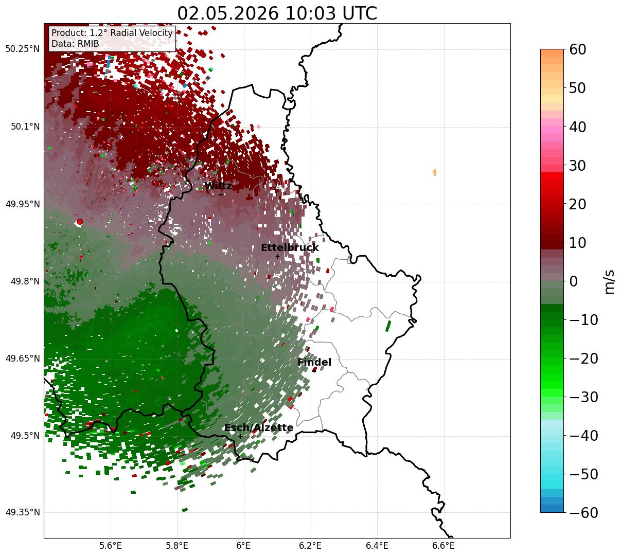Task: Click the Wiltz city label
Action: pos(218,186)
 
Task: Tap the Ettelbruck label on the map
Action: pos(290,247)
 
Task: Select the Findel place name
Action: pos(314,362)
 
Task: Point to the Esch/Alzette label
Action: pos(259,427)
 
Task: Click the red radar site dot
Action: pos(80,222)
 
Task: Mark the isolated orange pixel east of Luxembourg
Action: pos(435,173)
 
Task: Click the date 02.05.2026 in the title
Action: pos(228,13)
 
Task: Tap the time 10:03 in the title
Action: pos(310,13)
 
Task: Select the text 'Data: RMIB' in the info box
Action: pos(75,44)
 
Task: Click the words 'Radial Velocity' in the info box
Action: pos(141,33)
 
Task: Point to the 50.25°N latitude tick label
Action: pos(22,49)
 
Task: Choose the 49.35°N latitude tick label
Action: pos(23,512)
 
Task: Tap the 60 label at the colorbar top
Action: pos(577,49)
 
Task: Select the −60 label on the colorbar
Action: pos(583,512)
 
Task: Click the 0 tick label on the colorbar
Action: pos(574,281)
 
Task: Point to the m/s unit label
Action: pos(609,282)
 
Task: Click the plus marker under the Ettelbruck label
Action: pos(277,256)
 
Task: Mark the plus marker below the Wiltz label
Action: pos(221,194)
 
